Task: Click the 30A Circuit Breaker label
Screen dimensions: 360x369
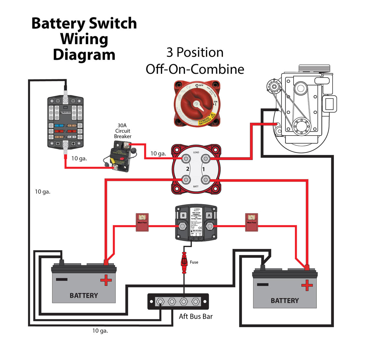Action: [x=122, y=131]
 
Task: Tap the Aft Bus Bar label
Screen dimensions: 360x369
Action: [x=196, y=316]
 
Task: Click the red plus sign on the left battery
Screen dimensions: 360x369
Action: [x=106, y=280]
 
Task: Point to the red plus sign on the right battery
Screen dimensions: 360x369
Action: [x=307, y=285]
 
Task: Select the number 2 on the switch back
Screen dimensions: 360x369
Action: [x=188, y=169]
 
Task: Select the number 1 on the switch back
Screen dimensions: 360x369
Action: [x=203, y=169]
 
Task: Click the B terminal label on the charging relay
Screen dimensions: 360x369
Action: [x=183, y=215]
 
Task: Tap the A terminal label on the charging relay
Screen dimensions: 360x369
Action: [x=209, y=215]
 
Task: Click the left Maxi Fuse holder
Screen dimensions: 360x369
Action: [x=142, y=222]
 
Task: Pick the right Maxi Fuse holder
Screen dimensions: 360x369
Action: [x=252, y=222]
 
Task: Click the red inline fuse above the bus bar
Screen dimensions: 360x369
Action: [x=184, y=263]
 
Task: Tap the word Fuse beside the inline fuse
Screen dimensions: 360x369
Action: [x=194, y=262]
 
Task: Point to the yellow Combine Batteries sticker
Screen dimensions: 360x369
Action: [x=206, y=119]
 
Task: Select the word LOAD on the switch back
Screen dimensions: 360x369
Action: [x=196, y=152]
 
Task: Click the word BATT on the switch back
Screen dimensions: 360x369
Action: [x=196, y=186]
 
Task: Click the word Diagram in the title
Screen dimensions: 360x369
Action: [x=84, y=54]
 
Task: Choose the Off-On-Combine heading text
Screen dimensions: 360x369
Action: [x=195, y=69]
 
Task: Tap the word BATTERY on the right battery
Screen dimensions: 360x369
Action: [x=285, y=300]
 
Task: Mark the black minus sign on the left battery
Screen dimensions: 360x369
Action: [x=62, y=279]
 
